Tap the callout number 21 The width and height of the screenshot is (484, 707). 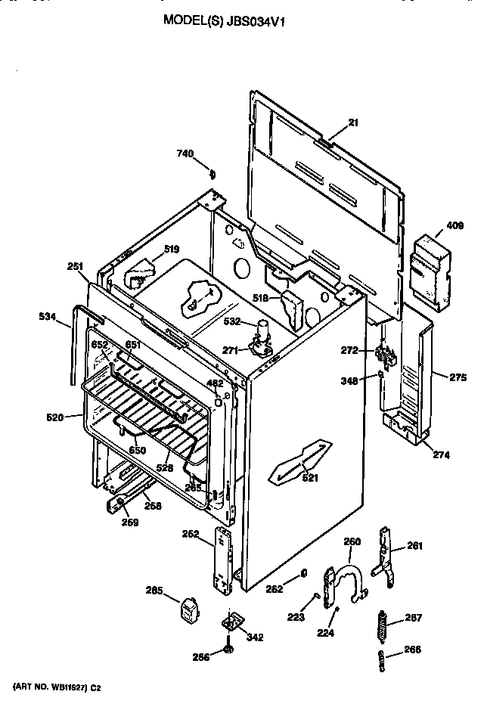(x=352, y=122)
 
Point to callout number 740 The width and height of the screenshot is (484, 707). (x=185, y=154)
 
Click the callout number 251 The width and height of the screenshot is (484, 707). (x=75, y=265)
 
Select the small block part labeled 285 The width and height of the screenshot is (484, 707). (x=187, y=609)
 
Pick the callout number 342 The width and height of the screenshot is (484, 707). (x=255, y=637)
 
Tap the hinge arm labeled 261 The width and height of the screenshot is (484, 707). (x=386, y=560)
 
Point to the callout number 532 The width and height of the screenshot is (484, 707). (x=232, y=321)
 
